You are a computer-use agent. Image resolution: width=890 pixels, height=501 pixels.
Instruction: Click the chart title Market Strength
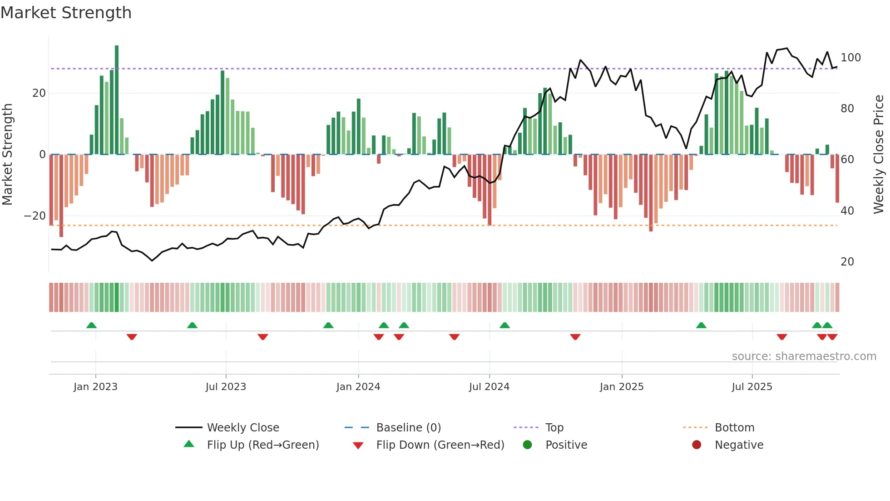tap(66, 13)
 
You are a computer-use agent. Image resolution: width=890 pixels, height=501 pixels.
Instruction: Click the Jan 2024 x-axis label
tap(358, 387)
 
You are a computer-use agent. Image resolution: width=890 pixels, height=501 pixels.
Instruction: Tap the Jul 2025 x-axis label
tap(752, 387)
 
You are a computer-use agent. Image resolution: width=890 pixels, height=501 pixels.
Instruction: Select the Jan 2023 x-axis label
tap(95, 387)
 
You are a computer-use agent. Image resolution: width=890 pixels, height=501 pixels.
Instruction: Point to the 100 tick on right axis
tap(850, 58)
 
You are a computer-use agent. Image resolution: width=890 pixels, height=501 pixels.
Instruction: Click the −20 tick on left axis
tap(35, 216)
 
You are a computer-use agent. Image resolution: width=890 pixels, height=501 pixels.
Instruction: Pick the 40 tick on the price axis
tap(847, 210)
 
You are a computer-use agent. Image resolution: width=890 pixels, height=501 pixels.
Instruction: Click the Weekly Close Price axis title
tap(879, 155)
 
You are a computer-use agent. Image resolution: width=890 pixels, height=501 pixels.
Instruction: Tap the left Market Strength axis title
tap(7, 155)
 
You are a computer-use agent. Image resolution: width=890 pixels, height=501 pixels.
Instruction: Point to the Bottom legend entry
tap(734, 428)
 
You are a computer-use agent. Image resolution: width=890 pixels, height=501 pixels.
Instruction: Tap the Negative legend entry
tap(738, 445)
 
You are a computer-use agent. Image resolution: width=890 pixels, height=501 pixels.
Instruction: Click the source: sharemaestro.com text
tap(804, 356)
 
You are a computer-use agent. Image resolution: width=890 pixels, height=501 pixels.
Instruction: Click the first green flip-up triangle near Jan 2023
tap(91, 325)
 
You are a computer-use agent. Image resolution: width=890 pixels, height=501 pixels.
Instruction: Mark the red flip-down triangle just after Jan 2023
tap(132, 337)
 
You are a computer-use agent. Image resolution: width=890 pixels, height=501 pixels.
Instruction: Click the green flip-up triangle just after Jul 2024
tap(504, 325)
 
